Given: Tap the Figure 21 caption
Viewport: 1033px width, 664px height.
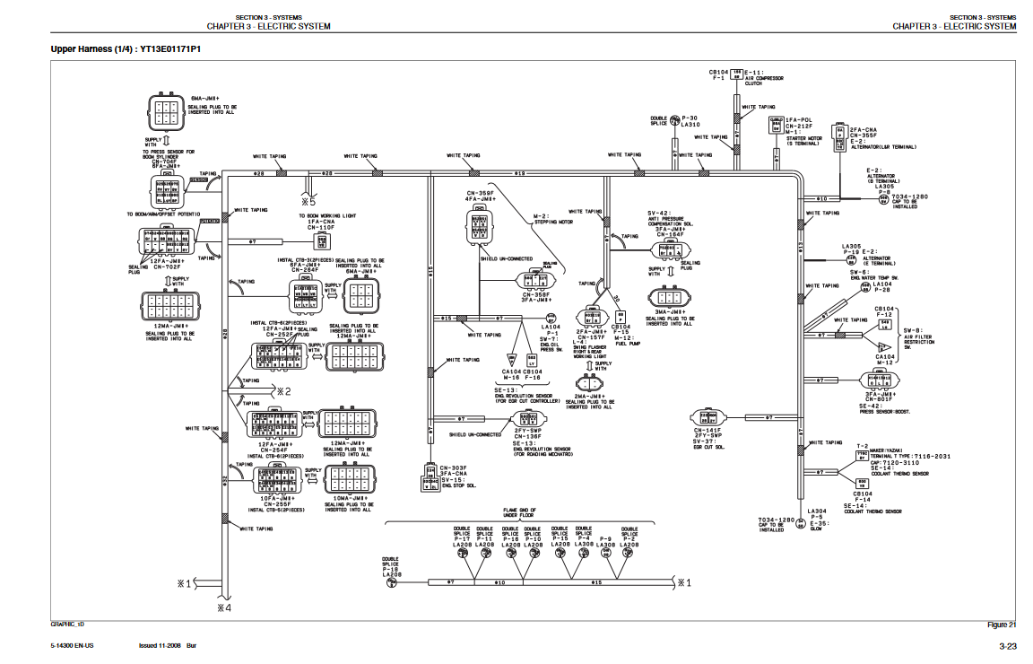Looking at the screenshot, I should pyautogui.click(x=1001, y=625).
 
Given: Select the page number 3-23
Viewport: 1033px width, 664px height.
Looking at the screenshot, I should pyautogui.click(x=1007, y=646).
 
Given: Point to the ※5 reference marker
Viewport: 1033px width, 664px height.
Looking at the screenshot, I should pyautogui.click(x=308, y=202).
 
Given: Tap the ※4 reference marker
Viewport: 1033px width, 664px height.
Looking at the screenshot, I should pyautogui.click(x=223, y=607).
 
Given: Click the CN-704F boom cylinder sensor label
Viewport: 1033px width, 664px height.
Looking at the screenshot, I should pyautogui.click(x=167, y=161).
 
